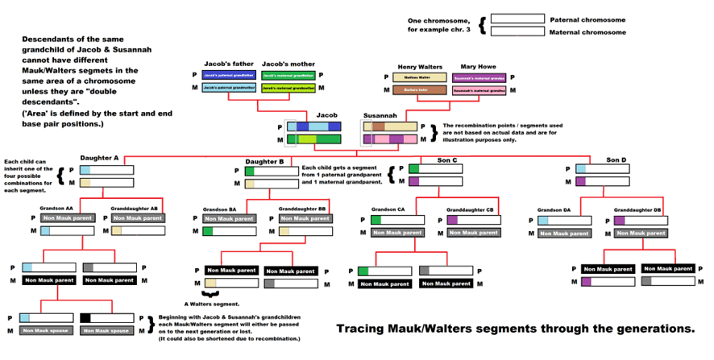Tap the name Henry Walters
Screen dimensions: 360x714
[x=419, y=67]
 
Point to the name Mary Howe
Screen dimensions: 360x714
[x=476, y=67]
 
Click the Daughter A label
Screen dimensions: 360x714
[x=99, y=159]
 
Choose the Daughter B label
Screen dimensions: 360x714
[x=264, y=161]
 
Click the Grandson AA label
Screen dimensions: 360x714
[x=57, y=208]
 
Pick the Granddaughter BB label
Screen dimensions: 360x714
[x=302, y=209]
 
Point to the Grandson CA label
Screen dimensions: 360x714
[x=388, y=209]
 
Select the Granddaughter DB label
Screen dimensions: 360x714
[x=637, y=209]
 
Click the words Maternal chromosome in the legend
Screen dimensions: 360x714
[x=587, y=32]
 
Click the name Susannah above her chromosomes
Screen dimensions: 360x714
[x=380, y=115]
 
